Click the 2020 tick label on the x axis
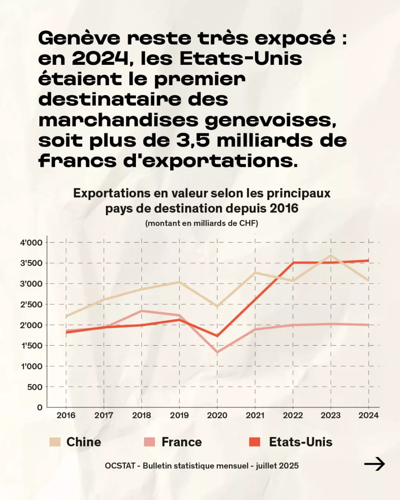click(x=217, y=415)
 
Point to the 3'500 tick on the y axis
click(x=31, y=263)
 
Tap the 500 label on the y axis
click(x=34, y=387)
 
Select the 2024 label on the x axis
click(x=368, y=415)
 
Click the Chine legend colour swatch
click(x=55, y=442)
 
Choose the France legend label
click(x=182, y=442)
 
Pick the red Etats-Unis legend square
click(x=255, y=442)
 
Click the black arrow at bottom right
click(x=374, y=464)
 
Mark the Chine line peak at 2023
click(x=331, y=255)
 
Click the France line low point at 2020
click(x=217, y=352)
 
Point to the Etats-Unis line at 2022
click(x=293, y=263)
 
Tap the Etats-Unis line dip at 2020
click(x=217, y=336)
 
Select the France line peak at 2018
click(x=142, y=311)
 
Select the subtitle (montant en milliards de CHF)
click(x=202, y=223)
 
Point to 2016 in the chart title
click(x=284, y=208)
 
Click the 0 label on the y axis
click(x=40, y=408)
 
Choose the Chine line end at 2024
click(x=368, y=280)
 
